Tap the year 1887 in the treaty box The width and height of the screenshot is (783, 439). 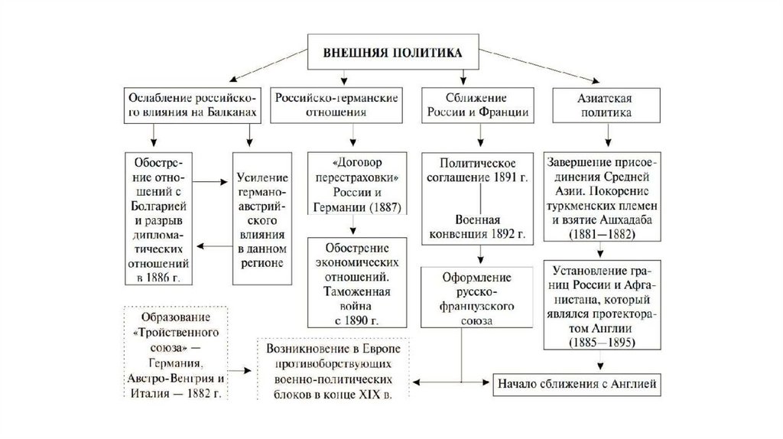(375, 206)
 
